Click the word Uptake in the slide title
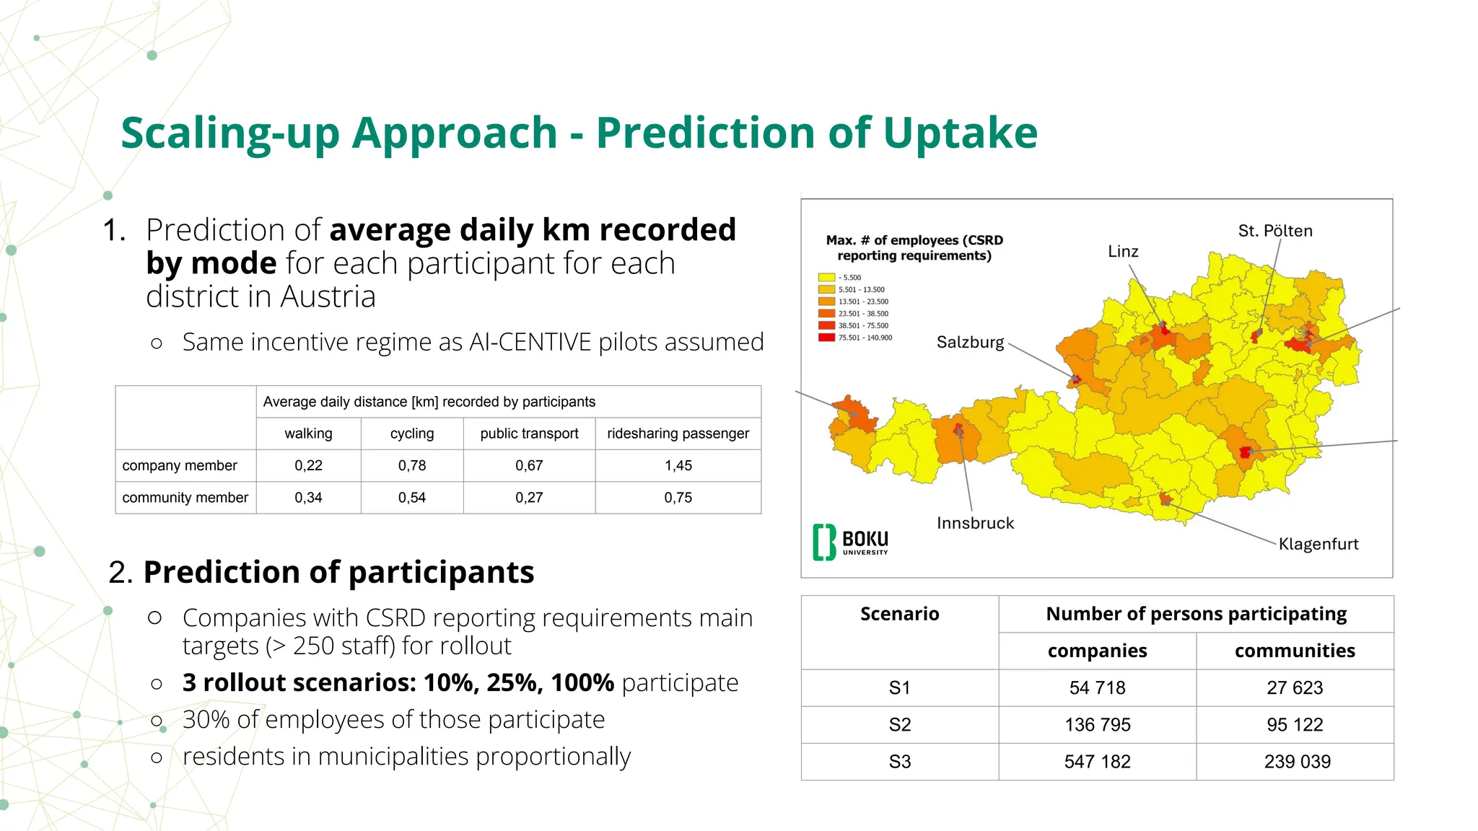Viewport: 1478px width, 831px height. pos(960,133)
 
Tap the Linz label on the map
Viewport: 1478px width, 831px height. pos(1123,252)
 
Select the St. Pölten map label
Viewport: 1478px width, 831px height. pos(1275,231)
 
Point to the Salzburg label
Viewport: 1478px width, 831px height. pos(970,342)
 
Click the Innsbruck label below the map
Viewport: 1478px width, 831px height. pos(975,523)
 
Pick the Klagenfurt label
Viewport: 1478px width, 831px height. pos(1319,544)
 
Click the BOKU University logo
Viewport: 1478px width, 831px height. pos(851,542)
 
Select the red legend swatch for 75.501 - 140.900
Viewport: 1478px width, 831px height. pos(826,338)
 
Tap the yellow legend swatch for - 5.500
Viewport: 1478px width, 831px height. pos(826,277)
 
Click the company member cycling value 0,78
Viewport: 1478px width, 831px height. pos(412,466)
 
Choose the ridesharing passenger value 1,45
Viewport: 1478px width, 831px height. pos(678,466)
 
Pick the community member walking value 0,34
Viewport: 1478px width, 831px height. pos(308,498)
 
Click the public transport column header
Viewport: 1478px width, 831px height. pos(529,434)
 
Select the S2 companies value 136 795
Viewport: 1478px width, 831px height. pos(1097,725)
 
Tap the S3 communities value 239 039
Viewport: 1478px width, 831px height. pos(1297,762)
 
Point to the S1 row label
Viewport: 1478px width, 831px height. pos(899,688)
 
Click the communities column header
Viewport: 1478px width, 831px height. pos(1295,651)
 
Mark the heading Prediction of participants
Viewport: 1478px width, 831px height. pos(338,572)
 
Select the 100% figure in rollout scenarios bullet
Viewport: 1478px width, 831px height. pos(582,682)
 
